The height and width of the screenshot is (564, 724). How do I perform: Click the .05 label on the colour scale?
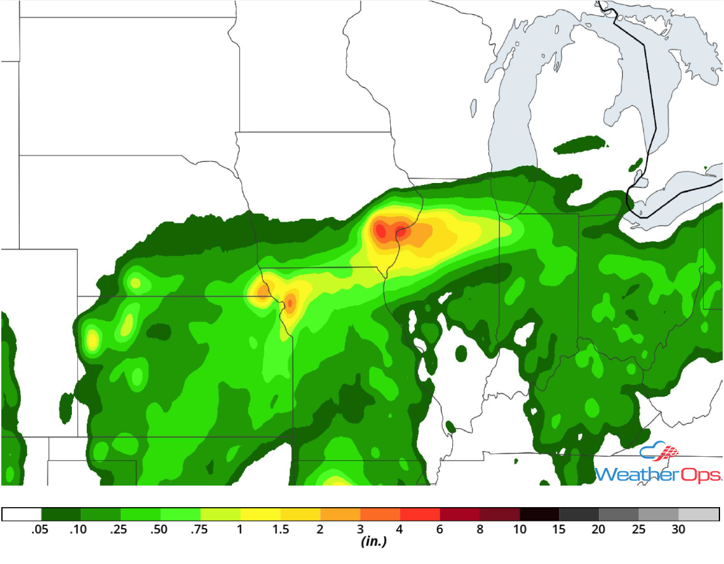click(x=41, y=529)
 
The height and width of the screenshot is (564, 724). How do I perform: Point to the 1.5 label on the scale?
click(x=280, y=529)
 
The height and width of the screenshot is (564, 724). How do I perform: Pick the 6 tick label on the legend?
click(x=440, y=529)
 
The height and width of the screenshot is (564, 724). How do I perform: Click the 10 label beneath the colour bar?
click(x=519, y=529)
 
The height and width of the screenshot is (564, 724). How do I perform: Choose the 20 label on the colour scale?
click(x=599, y=529)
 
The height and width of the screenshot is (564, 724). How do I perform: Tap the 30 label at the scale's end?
click(x=679, y=529)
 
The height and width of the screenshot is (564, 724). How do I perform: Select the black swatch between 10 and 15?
click(x=540, y=514)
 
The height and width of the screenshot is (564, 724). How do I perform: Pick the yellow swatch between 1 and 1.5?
click(x=260, y=514)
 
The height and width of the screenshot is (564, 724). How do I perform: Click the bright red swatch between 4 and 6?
click(x=420, y=514)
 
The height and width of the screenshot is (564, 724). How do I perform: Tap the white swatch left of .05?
click(x=22, y=514)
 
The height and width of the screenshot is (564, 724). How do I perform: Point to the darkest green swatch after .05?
click(x=61, y=514)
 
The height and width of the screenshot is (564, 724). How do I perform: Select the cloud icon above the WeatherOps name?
click(x=659, y=452)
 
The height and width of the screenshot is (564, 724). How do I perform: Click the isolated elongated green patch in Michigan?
click(x=580, y=144)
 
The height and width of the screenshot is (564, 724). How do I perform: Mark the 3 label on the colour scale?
click(x=360, y=529)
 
